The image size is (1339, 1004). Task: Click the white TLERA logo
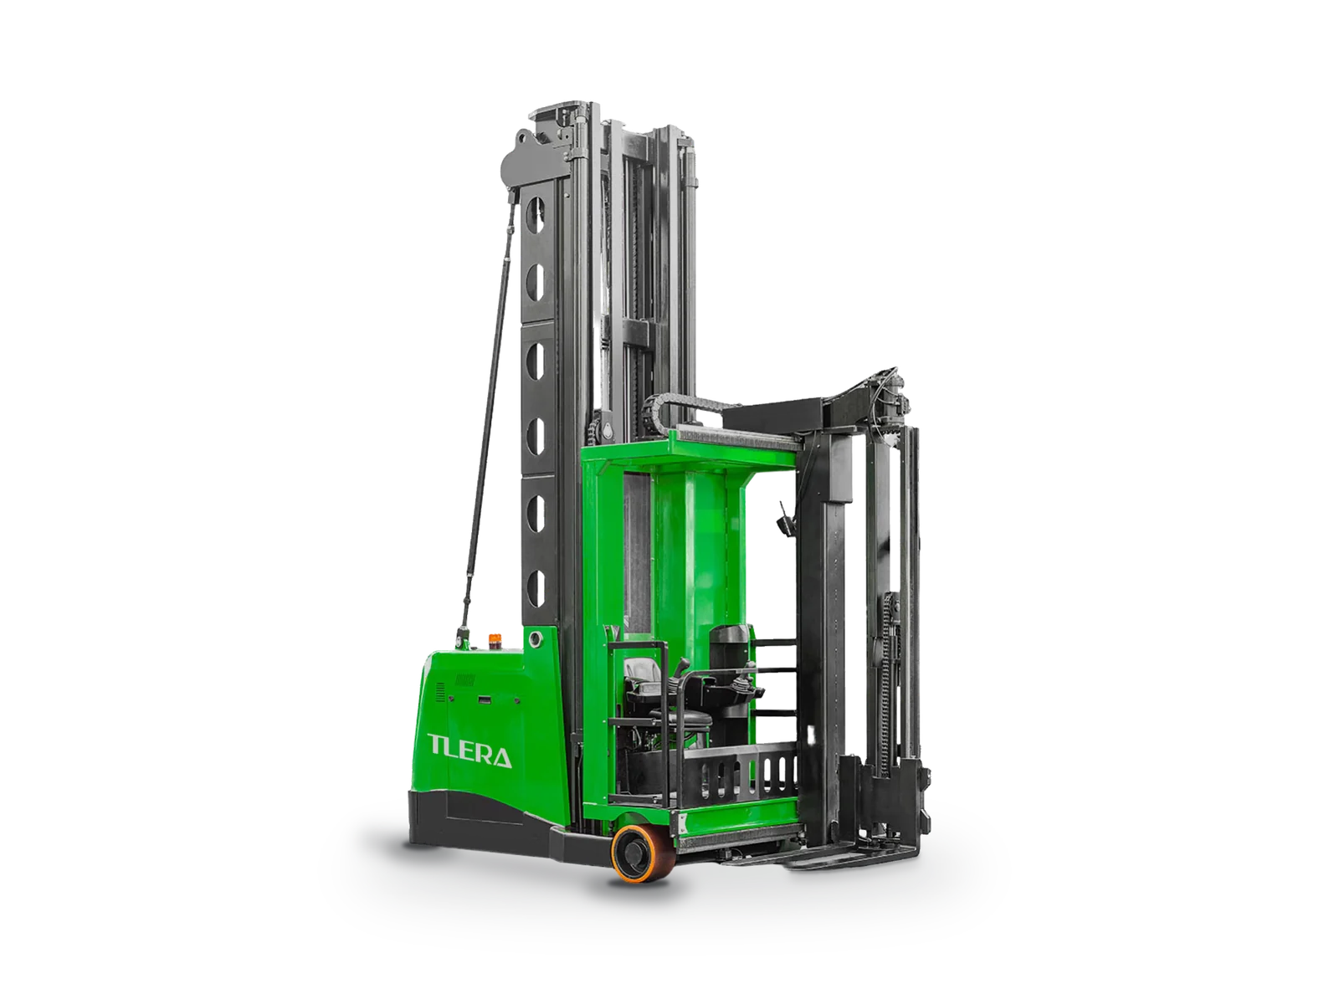469,751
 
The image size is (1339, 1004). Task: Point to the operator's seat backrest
640,672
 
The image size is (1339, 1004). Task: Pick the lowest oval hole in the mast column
535,585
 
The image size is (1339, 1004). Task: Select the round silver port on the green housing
536,639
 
